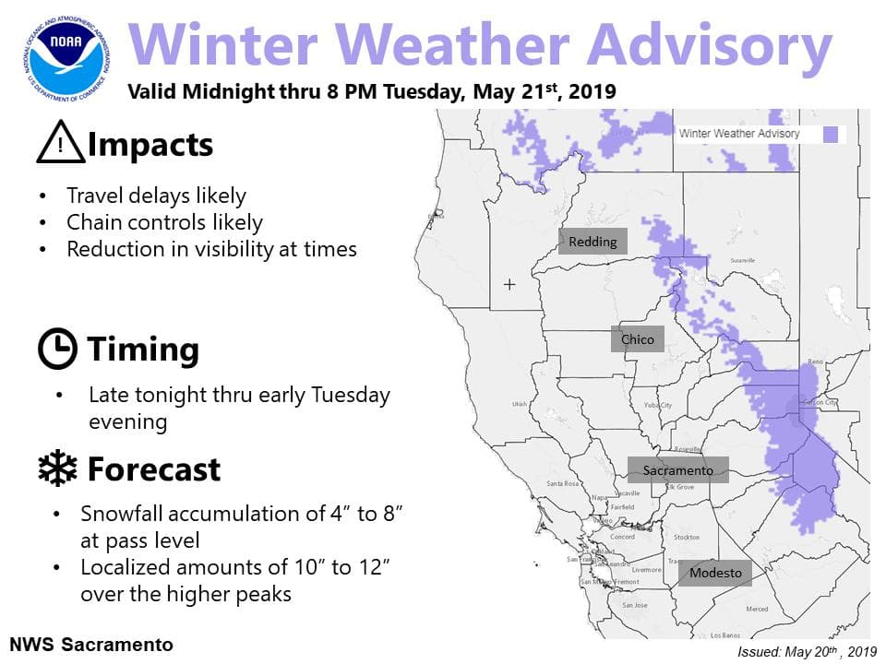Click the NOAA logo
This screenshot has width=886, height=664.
(65, 55)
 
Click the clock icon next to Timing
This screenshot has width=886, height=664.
(57, 350)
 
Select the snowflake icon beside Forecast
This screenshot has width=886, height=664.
(57, 469)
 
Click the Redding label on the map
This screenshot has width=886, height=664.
(593, 242)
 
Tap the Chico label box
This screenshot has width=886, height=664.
(637, 339)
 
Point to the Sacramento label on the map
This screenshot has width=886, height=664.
(678, 470)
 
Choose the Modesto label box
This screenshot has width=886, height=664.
(715, 573)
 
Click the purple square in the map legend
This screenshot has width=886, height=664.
(832, 134)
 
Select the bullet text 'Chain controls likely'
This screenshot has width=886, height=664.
(164, 223)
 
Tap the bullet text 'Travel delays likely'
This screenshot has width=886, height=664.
(156, 196)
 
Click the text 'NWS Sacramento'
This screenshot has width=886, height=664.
(90, 644)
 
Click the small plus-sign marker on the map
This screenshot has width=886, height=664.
(509, 285)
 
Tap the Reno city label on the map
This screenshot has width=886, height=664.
(815, 362)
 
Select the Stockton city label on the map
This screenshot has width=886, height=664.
(686, 537)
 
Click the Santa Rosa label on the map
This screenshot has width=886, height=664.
(562, 484)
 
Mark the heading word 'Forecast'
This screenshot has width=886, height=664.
(153, 469)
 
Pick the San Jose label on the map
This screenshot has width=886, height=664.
(634, 605)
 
